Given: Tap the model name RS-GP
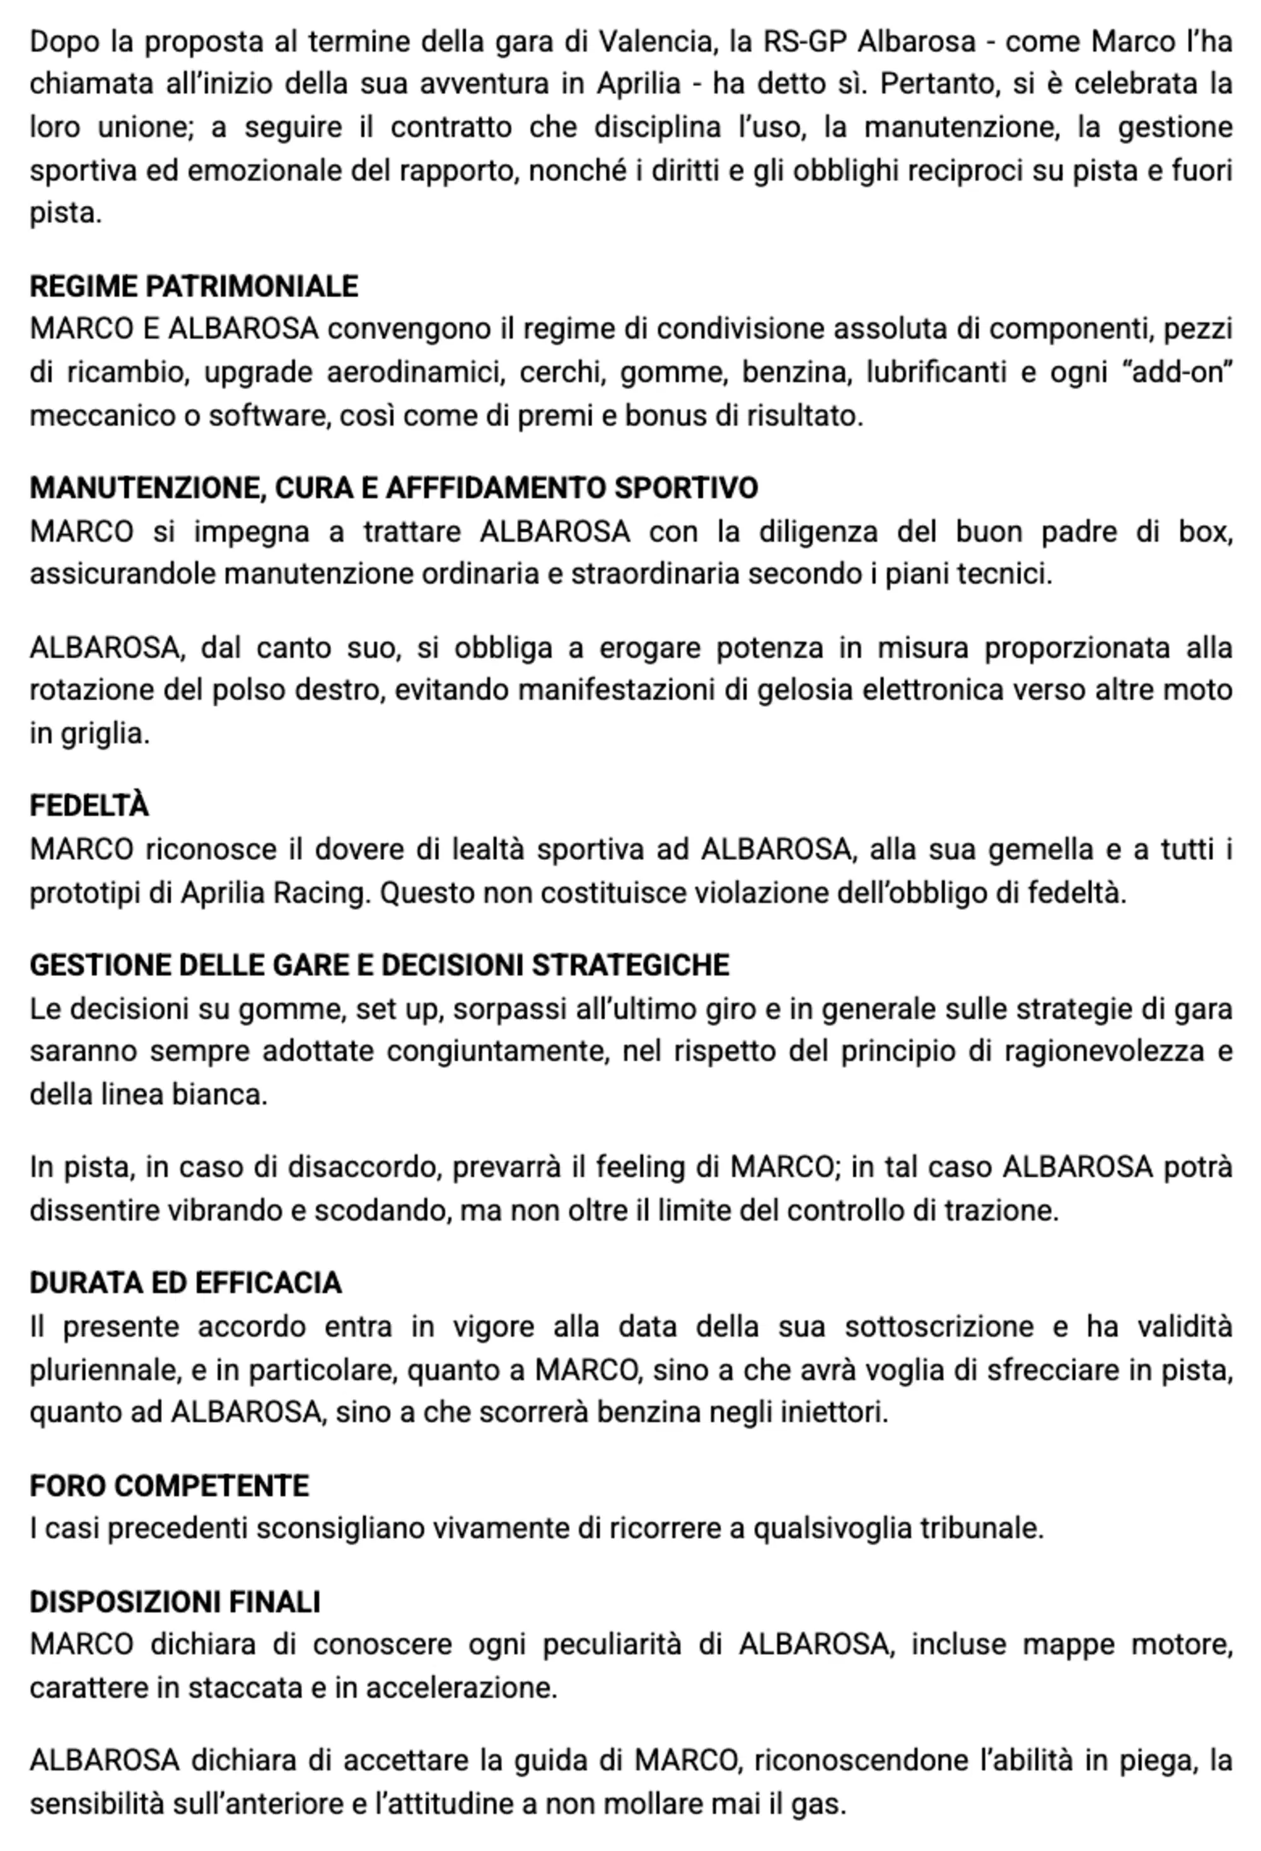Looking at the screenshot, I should (x=804, y=42).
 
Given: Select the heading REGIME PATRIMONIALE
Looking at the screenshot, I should (x=194, y=286).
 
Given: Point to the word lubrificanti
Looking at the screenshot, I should (x=936, y=373).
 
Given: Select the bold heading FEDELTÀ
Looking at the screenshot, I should (x=90, y=806).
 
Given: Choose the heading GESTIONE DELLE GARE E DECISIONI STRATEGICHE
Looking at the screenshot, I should (x=379, y=965).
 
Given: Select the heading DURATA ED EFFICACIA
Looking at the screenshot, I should (x=185, y=1282).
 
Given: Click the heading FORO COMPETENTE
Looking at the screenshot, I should (x=169, y=1485).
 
